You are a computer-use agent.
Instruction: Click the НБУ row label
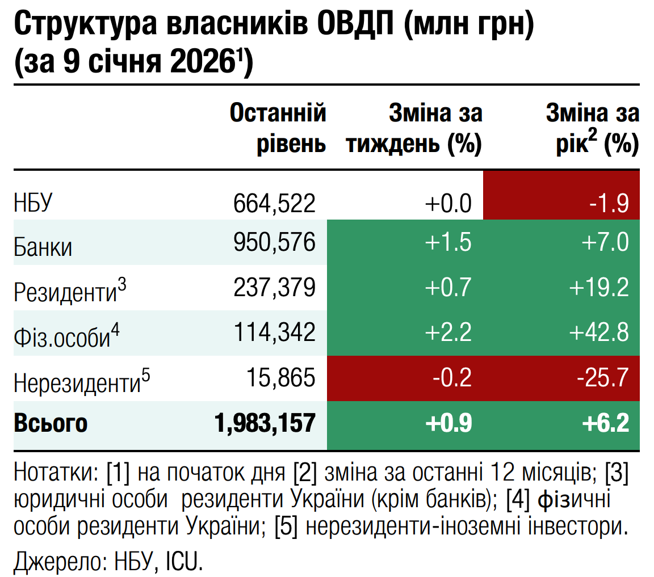tap(33, 203)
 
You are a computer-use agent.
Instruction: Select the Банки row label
tap(43, 247)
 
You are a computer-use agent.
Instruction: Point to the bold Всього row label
tap(51, 423)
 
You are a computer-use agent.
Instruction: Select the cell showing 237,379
tap(274, 288)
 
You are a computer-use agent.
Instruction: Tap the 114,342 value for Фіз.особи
tap(274, 332)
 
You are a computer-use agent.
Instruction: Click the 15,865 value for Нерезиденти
tap(280, 377)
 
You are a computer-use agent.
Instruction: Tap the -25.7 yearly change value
tap(602, 377)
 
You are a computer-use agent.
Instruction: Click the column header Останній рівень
tap(278, 128)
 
